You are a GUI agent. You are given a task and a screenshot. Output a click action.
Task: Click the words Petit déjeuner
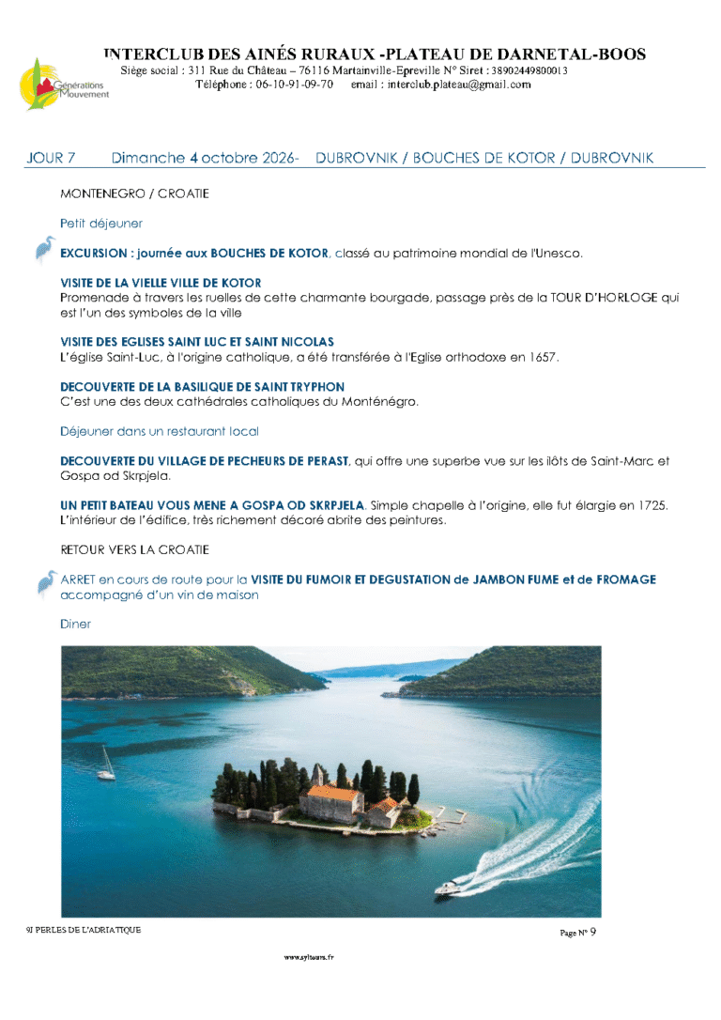click(x=101, y=224)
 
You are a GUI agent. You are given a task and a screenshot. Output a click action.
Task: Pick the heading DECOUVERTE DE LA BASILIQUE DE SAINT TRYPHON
click(x=202, y=387)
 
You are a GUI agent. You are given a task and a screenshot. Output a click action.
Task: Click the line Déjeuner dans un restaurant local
click(x=159, y=431)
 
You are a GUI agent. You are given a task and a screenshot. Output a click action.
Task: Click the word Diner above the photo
click(x=75, y=624)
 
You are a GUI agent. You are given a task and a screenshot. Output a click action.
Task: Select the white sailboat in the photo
click(x=107, y=765)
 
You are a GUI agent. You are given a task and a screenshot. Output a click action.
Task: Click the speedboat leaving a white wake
click(x=448, y=886)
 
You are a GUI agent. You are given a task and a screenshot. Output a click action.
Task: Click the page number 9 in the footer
click(x=592, y=932)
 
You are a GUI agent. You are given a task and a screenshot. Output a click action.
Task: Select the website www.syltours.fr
click(x=309, y=957)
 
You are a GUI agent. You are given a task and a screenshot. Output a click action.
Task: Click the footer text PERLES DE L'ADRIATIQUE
click(x=88, y=929)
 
